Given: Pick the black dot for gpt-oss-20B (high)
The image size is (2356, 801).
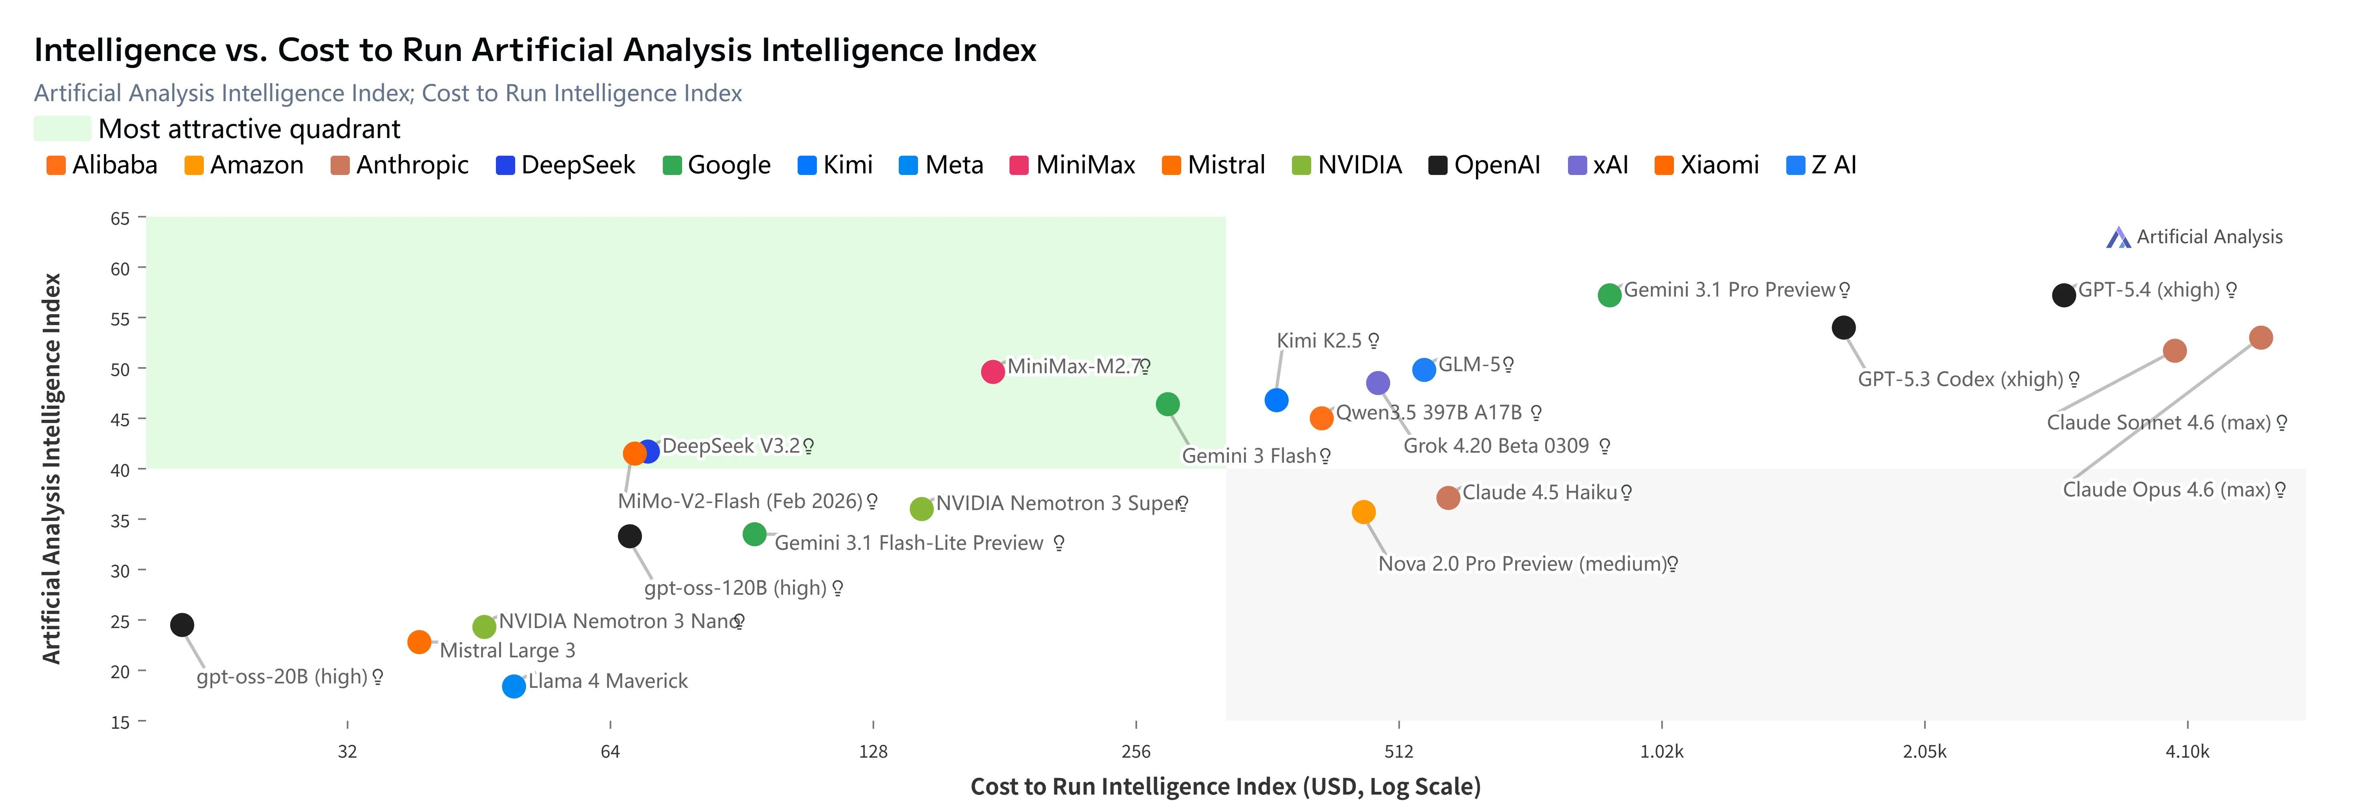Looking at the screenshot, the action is tap(182, 624).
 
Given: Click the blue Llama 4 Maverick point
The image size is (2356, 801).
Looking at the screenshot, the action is tap(514, 686).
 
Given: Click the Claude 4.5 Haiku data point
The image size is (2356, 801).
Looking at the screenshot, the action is tap(1448, 498).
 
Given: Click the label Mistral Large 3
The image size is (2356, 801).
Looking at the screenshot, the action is tap(508, 650).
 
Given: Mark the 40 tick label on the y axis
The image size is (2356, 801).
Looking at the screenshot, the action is tap(120, 470).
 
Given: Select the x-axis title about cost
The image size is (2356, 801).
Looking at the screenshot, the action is tap(1226, 787).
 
